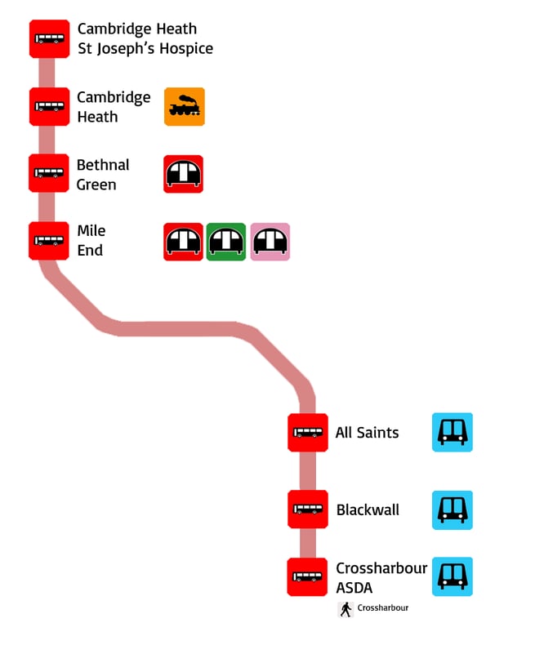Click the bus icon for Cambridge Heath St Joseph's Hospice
(x=49, y=38)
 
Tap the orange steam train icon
(x=184, y=107)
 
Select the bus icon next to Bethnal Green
(x=49, y=173)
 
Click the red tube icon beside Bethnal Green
(x=183, y=174)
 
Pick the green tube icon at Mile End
(x=226, y=242)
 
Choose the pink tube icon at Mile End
(x=270, y=242)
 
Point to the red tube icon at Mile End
(x=183, y=242)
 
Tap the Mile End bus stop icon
(x=49, y=241)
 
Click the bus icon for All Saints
(x=308, y=433)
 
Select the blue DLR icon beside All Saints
(x=452, y=433)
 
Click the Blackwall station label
(x=368, y=510)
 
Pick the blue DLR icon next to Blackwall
(x=452, y=510)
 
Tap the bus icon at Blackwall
(x=308, y=509)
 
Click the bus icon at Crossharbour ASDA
(x=308, y=577)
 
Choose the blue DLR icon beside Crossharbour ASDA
(x=452, y=577)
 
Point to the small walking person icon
(x=346, y=609)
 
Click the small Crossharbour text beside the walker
(x=382, y=608)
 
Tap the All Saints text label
(x=367, y=433)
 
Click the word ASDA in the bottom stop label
(x=354, y=588)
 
